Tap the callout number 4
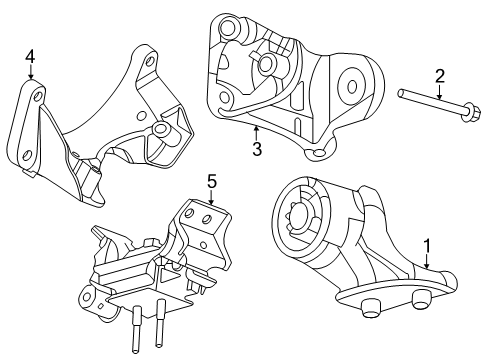point(30,57)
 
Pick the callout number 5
point(211,181)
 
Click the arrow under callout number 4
point(31,76)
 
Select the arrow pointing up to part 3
point(256,132)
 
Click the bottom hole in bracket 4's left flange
point(29,154)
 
